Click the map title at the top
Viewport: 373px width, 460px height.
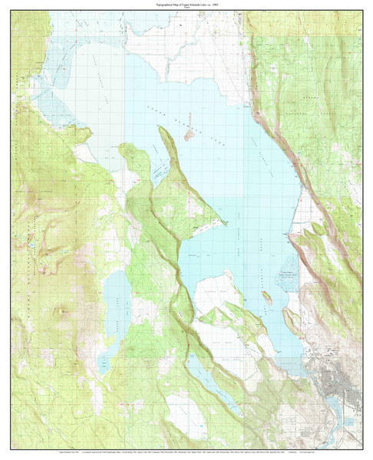tap(186, 4)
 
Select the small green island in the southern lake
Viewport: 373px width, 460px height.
tap(266, 297)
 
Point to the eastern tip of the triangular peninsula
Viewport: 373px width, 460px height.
tap(225, 223)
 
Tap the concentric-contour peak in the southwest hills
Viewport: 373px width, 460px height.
tap(60, 310)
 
